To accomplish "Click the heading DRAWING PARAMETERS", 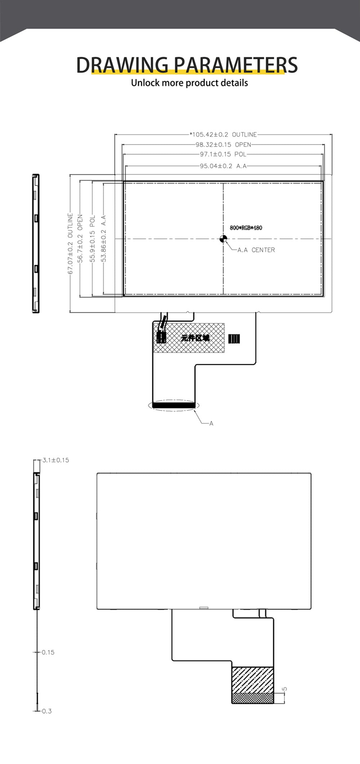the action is coord(187,65).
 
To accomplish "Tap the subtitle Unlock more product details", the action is coord(189,83).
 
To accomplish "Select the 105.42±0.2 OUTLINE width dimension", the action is coord(224,135).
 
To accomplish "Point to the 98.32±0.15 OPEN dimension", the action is coord(223,145).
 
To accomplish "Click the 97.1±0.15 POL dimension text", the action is coord(223,155).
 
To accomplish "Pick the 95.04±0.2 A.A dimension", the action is coord(223,166).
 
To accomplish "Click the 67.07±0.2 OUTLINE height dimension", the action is coord(71,244).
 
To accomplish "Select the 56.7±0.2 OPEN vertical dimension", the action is coord(80,238).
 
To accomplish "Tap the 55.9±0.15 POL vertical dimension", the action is coord(93,238).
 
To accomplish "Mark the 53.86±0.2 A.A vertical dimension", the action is coord(104,238).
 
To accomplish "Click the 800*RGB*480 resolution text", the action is coord(246,228).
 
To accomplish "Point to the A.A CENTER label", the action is coord(256,250).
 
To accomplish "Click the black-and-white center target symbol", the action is coord(223,238).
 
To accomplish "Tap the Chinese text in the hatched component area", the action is coord(195,338).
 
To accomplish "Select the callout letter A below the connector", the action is coord(211,423).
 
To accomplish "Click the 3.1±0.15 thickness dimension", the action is coord(56,460).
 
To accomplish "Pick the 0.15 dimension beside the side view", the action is coord(48,652).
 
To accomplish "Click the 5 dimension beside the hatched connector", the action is coord(285,689).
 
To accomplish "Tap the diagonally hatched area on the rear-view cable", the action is coord(252,680).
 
